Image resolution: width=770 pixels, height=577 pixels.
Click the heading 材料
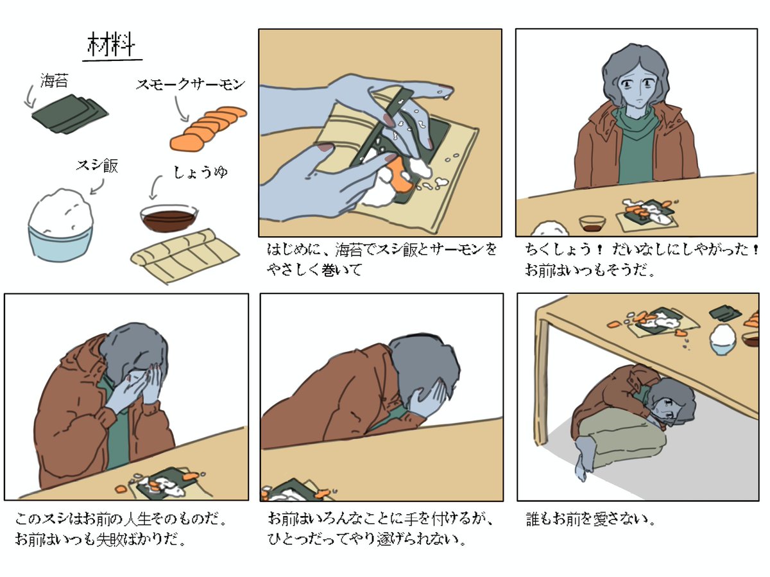tap(111, 44)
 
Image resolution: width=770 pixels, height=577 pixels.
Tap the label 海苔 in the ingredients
tap(54, 80)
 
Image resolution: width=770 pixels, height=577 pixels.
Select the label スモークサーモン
tap(191, 84)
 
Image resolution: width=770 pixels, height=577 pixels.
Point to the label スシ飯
tap(97, 166)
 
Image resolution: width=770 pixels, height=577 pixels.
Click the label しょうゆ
tap(201, 172)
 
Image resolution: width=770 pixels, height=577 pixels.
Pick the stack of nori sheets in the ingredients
tap(70, 114)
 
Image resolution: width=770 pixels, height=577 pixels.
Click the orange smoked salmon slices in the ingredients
tap(209, 129)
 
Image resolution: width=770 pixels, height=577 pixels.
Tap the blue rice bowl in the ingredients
tap(60, 225)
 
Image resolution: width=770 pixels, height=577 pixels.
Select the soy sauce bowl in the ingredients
tap(169, 218)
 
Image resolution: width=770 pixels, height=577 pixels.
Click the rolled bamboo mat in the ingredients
tap(185, 255)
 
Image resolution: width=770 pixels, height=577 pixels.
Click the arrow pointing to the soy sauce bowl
tap(155, 187)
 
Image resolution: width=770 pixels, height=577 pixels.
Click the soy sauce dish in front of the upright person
tap(592, 223)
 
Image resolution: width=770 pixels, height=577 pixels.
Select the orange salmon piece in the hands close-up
tap(402, 175)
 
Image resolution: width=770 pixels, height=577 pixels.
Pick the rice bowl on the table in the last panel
tap(723, 339)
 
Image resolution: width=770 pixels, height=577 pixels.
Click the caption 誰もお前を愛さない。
tap(591, 519)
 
